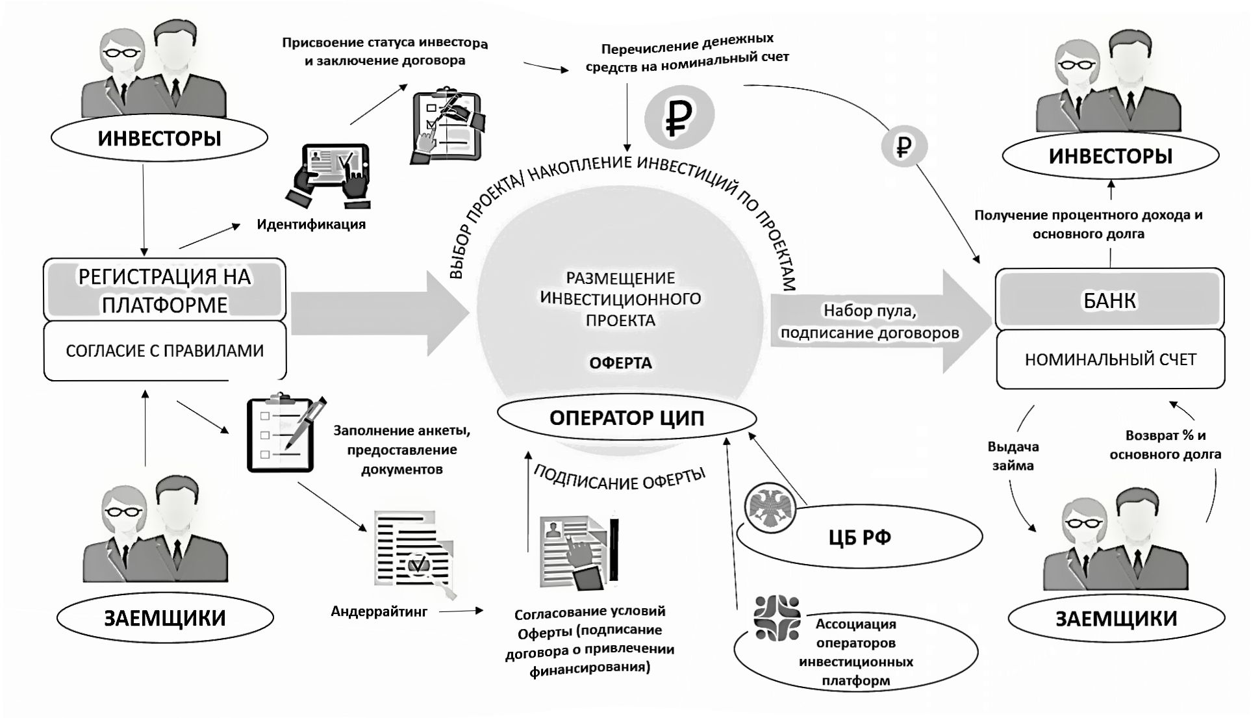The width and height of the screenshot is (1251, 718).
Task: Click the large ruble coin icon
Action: [679, 116]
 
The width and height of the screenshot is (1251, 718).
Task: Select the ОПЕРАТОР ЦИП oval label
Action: [626, 418]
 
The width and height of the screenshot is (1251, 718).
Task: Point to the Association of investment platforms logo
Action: [777, 618]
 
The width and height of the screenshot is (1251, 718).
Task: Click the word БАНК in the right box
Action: [1109, 301]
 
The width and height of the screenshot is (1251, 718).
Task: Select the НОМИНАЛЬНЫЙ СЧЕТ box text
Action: [1110, 359]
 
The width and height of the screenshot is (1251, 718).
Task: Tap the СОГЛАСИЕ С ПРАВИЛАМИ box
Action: [164, 351]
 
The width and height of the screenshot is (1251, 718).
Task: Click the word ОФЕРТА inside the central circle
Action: [620, 363]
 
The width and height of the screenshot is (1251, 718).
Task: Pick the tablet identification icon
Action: [329, 175]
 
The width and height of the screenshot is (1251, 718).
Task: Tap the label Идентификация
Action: [311, 225]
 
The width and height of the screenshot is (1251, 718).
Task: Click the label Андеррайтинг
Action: [379, 611]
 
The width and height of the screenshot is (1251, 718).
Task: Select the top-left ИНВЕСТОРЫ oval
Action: [159, 138]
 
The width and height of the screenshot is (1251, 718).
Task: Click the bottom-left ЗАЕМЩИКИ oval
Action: [165, 617]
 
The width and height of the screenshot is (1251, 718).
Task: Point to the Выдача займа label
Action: [1013, 456]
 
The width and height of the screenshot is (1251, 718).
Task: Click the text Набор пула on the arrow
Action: [870, 311]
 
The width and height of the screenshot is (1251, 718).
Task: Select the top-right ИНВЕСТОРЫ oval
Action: [1110, 156]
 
